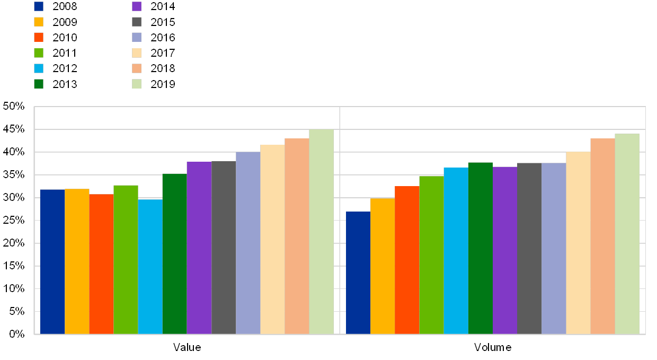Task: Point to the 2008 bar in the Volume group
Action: point(358,273)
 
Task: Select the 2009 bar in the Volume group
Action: point(382,266)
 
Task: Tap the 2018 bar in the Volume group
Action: point(602,236)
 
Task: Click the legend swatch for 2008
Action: point(39,6)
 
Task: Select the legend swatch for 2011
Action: point(39,52)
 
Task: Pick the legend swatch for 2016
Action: point(137,37)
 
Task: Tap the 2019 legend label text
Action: point(162,84)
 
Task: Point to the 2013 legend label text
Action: point(64,84)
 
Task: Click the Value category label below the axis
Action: point(187,347)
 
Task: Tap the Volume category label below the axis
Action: point(493,347)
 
